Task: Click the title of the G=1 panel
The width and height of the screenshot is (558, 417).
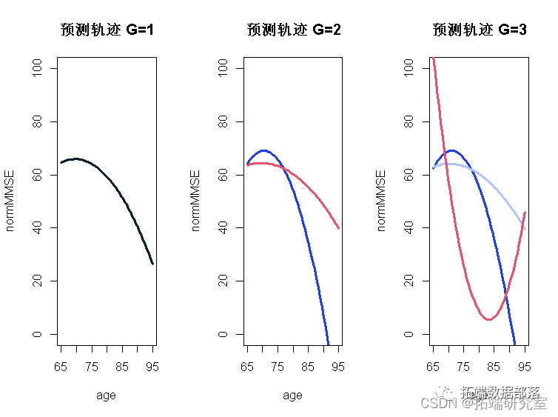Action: point(106,30)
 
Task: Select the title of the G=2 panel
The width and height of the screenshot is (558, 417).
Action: point(293,30)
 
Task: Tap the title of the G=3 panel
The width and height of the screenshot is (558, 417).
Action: point(479,30)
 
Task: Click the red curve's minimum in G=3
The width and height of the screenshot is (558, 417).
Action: point(488,319)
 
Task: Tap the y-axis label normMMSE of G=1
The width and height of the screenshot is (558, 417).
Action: point(10,201)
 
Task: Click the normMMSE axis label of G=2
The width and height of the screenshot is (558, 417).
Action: point(196,201)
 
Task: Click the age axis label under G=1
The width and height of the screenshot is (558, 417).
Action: point(106,396)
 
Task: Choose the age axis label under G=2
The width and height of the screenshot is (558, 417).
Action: point(292,396)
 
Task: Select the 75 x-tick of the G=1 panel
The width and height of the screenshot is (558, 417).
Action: point(91,367)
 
